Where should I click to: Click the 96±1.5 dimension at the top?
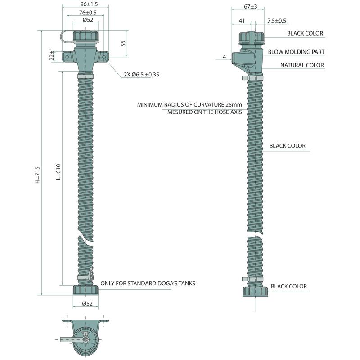pos(85,4)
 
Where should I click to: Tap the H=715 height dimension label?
pos(38,175)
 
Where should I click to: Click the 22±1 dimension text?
pos(52,54)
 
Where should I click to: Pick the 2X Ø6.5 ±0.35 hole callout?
pos(141,75)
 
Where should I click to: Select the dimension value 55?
pos(123,43)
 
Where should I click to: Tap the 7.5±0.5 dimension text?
pos(277,21)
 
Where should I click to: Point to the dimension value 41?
pos(242,21)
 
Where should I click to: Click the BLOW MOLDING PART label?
pos(296,52)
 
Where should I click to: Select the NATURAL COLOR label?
pos(302,65)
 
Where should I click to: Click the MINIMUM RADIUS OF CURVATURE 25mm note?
pos(189,105)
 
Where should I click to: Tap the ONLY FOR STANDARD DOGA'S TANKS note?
pos(148,283)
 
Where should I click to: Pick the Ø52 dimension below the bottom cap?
pos(87,304)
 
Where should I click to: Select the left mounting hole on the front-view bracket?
pos(67,58)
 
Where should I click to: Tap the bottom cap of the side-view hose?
pos(255,290)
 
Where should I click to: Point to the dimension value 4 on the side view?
pos(224,57)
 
